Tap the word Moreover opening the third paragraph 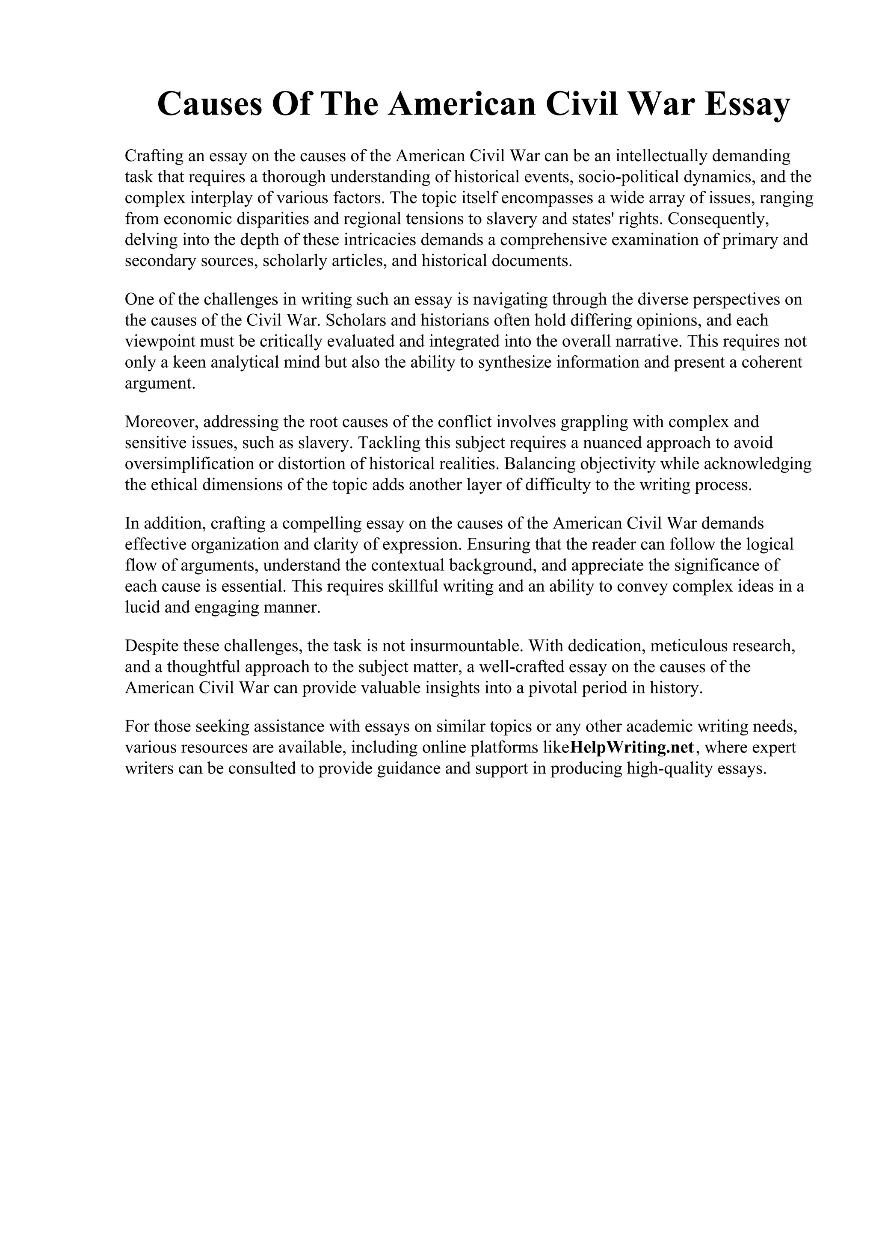coord(160,422)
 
